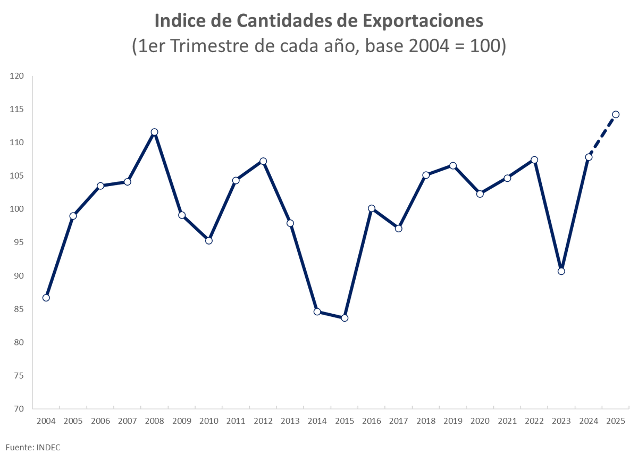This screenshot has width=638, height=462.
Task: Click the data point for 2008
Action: point(154,132)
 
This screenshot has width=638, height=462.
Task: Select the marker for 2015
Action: point(345,318)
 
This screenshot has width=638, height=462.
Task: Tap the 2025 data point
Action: point(616,114)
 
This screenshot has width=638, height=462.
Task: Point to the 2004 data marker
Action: point(46,298)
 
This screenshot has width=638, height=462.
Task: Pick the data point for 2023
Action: point(561,271)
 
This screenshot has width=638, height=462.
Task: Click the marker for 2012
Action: point(263,161)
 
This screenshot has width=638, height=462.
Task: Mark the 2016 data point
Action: point(372,208)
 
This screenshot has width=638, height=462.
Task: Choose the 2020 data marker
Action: point(480,194)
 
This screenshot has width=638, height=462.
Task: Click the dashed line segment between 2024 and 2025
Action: point(602,136)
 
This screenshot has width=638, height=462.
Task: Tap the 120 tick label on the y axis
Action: point(18,76)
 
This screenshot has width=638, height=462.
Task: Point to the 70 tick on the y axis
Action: point(20,409)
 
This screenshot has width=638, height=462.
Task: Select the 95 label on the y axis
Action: point(20,242)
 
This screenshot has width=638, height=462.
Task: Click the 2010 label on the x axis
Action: point(208,421)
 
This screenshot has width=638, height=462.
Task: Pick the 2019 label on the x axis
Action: point(453,421)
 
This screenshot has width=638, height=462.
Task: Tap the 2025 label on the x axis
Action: point(616,421)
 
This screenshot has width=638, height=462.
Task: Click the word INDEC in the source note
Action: point(48,448)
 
